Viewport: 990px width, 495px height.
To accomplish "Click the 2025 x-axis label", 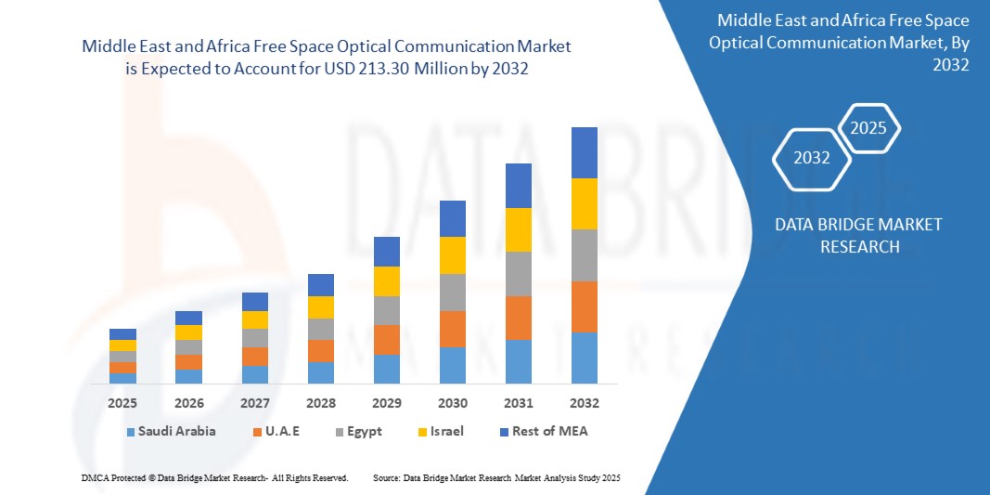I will click(x=122, y=403).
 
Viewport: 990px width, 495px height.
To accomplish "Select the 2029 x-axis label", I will click(x=387, y=403).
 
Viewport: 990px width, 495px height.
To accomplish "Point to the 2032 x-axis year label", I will click(x=585, y=403).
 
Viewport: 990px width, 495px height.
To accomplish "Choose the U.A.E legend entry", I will click(x=275, y=431).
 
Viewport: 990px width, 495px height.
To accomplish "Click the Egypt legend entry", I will click(x=355, y=431).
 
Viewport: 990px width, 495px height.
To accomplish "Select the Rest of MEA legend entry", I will click(x=543, y=431).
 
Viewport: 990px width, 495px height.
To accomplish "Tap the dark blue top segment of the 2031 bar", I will click(x=519, y=186).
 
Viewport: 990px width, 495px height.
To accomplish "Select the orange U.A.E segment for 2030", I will click(x=453, y=329).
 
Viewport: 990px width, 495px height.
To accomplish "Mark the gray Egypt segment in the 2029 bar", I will click(x=387, y=310).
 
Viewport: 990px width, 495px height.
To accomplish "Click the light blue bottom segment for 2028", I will click(x=321, y=372).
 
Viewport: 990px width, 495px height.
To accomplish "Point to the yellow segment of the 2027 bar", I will click(x=255, y=319).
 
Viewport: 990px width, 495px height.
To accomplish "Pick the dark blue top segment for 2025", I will click(x=122, y=334).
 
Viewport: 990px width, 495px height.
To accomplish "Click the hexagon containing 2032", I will click(x=812, y=158).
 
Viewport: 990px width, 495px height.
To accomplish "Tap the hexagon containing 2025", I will click(x=868, y=128).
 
